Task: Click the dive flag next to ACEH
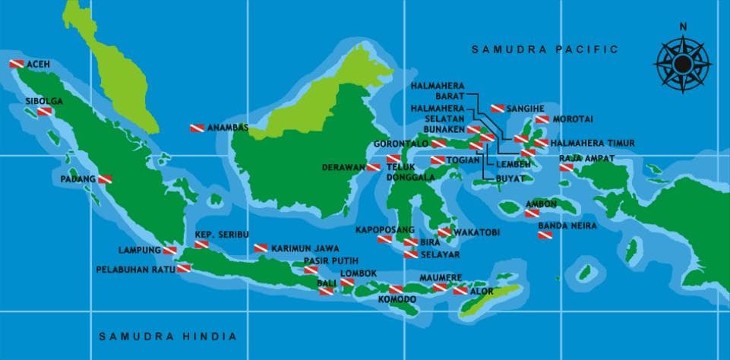17,65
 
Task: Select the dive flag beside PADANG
105,179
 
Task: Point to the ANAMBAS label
228,128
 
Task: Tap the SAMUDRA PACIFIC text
545,49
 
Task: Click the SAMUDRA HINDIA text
168,336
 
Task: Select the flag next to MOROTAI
542,119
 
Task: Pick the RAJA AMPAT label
586,159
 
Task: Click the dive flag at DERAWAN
374,167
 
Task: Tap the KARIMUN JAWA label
305,248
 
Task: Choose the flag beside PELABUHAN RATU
183,269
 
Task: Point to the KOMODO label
397,300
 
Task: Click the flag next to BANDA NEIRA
545,236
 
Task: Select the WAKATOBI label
476,232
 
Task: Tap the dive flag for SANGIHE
498,109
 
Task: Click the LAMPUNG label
140,250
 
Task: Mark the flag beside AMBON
532,213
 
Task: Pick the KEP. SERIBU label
222,235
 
